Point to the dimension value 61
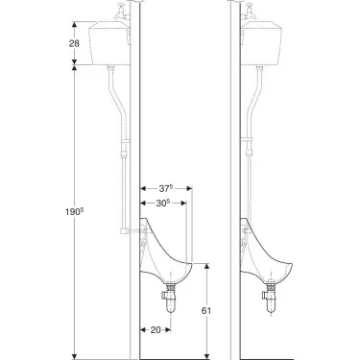pos(207,310)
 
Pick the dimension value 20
pos(156,329)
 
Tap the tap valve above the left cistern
pos(120,13)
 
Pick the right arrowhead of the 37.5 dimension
pos(191,188)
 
